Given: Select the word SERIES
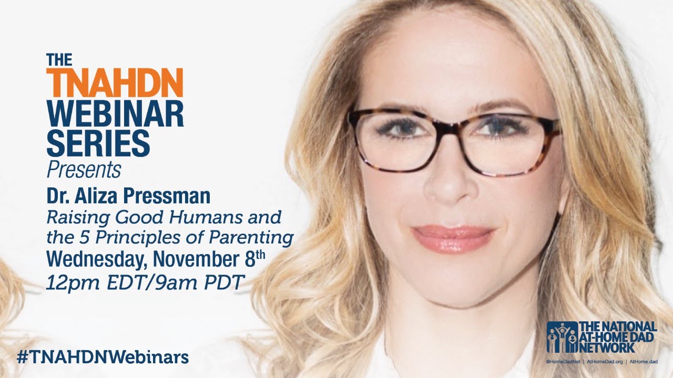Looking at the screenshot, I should click(x=98, y=143).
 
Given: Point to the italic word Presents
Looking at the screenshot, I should click(x=84, y=170).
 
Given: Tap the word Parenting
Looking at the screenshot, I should click(x=251, y=238).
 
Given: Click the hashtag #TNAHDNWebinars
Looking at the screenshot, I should click(x=103, y=358).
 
